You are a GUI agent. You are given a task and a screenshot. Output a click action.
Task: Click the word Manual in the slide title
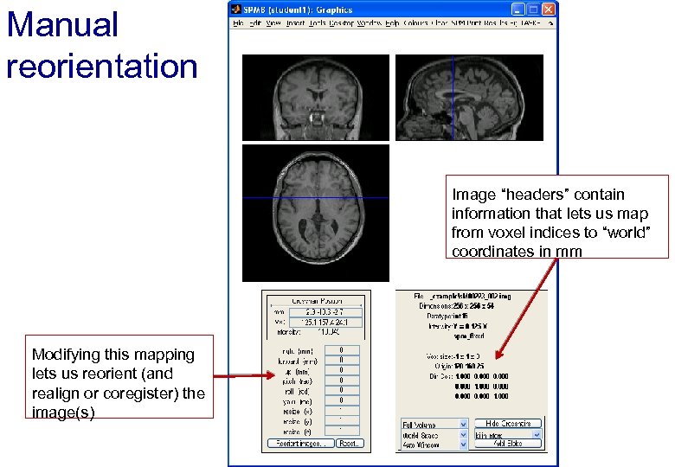tap(61, 24)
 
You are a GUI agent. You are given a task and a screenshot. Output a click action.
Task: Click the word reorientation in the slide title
tap(102, 65)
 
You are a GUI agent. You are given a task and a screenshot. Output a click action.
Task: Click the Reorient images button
tap(299, 443)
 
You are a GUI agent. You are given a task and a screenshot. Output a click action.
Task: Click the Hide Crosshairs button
tap(508, 424)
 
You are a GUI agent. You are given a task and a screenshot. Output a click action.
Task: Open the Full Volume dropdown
tap(433, 425)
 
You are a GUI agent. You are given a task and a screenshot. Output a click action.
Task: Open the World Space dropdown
tap(433, 435)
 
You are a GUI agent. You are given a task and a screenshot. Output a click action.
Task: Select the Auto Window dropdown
tap(433, 445)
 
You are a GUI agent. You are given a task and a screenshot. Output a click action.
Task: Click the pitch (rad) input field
tap(342, 381)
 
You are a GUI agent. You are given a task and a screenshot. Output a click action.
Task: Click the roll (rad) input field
tap(342, 390)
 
